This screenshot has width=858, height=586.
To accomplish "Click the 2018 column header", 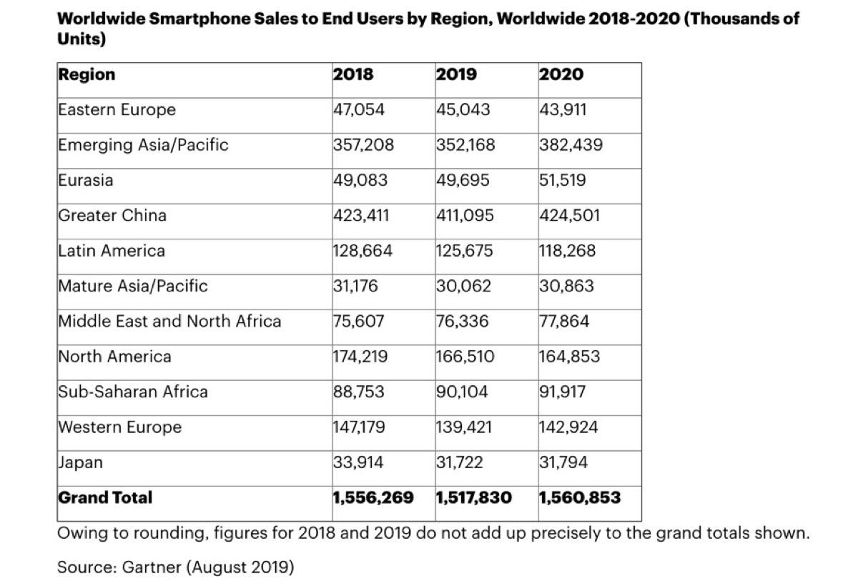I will pos(353,74).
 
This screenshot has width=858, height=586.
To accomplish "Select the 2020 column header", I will pos(561,74).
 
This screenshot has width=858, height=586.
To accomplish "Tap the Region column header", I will pos(87,74).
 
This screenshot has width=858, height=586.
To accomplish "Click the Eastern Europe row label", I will pos(117,110).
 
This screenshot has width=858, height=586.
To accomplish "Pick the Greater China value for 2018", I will pos(361,215).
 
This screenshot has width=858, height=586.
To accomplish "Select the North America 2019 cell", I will pos(465,357).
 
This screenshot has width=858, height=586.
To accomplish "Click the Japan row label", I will pos(80,462).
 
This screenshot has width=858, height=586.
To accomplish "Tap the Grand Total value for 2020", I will pos(579,497).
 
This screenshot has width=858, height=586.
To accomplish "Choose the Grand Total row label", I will pos(105,497).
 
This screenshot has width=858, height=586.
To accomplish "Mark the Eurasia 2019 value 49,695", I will pos(463,180).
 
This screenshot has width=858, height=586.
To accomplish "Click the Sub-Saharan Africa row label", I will pos(133,392).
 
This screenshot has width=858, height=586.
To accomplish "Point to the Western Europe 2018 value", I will pos(359,427).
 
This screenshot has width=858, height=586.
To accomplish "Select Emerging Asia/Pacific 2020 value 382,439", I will pos(571,145).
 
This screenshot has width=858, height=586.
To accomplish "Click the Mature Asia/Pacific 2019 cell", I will pos(463,286).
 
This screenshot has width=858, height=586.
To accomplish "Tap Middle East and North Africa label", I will pos(169,322).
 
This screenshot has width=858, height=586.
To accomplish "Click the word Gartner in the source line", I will pos(152,567).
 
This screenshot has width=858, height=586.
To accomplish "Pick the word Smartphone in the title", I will pos(209,19).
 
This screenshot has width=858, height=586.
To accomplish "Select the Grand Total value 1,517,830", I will pos(473,497).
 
